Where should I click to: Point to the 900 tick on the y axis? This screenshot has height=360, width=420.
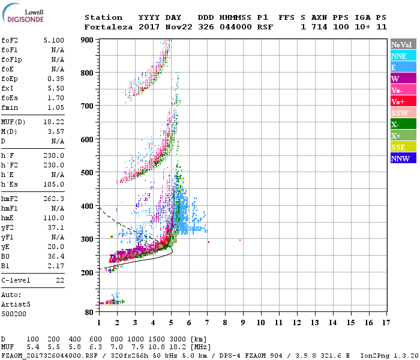coord(87,40)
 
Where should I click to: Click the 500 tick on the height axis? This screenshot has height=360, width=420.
coord(87,173)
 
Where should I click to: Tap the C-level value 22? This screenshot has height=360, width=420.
coord(59,280)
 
